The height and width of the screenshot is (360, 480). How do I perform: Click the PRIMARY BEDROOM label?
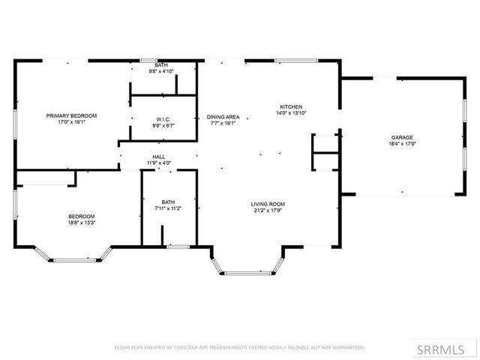71,115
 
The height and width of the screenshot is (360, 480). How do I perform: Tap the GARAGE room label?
401,138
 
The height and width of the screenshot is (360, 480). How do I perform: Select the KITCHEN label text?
291,106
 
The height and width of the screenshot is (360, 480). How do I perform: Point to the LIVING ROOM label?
268,204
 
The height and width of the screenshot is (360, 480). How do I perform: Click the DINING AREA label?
223,117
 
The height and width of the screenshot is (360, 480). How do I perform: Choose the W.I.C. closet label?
163,119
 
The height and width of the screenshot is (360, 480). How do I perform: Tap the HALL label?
158,157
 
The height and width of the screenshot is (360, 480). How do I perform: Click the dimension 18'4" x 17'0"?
401,145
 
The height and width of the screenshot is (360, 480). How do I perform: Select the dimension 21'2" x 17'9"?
268,211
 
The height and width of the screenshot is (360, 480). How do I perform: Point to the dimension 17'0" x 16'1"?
71,122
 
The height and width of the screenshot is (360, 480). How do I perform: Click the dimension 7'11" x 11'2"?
168,208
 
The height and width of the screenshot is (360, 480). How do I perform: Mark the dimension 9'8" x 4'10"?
161,71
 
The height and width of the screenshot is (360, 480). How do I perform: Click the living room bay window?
248,271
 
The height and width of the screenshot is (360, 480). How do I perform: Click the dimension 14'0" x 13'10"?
291,113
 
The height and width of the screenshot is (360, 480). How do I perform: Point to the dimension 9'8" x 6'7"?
163,126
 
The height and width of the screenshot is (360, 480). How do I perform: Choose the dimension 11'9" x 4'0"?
158,163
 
